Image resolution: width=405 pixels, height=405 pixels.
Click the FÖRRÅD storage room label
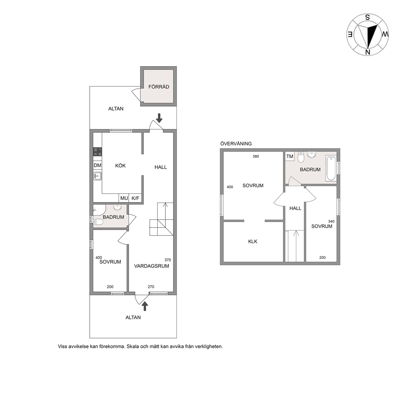pyautogui.click(x=158, y=87)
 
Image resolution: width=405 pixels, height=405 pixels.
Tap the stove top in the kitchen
pyautogui.click(x=98, y=151)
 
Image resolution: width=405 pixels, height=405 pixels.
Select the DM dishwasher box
pyautogui.click(x=98, y=165)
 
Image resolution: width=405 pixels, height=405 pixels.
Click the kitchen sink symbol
pyautogui.click(x=98, y=176)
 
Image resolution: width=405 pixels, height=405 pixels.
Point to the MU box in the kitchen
pyautogui.click(x=124, y=198)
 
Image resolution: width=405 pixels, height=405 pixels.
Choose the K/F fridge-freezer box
pyautogui.click(x=136, y=198)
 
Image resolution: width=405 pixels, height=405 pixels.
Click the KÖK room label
pyautogui.click(x=120, y=166)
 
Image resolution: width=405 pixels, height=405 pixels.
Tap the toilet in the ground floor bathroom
pyautogui.click(x=98, y=222)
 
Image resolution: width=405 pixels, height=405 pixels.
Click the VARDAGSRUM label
pyautogui.click(x=151, y=266)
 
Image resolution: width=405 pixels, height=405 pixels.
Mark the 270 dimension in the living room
pyautogui.click(x=151, y=287)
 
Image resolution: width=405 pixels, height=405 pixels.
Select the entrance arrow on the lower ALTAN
pyautogui.click(x=145, y=306)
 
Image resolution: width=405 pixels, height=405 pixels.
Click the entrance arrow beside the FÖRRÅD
pyautogui.click(x=159, y=118)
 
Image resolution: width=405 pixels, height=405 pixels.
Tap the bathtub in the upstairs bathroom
pyautogui.click(x=331, y=168)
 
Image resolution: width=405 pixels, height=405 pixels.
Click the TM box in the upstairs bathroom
pyautogui.click(x=290, y=156)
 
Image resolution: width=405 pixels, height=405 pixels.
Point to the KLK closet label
pyautogui.click(x=253, y=242)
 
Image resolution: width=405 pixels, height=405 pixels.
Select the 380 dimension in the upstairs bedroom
pyautogui.click(x=256, y=156)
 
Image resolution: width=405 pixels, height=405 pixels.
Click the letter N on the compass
pyautogui.click(x=368, y=52)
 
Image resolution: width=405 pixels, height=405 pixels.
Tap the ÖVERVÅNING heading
pyautogui.click(x=236, y=144)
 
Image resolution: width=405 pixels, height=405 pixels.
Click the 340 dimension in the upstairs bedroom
pyautogui.click(x=331, y=221)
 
